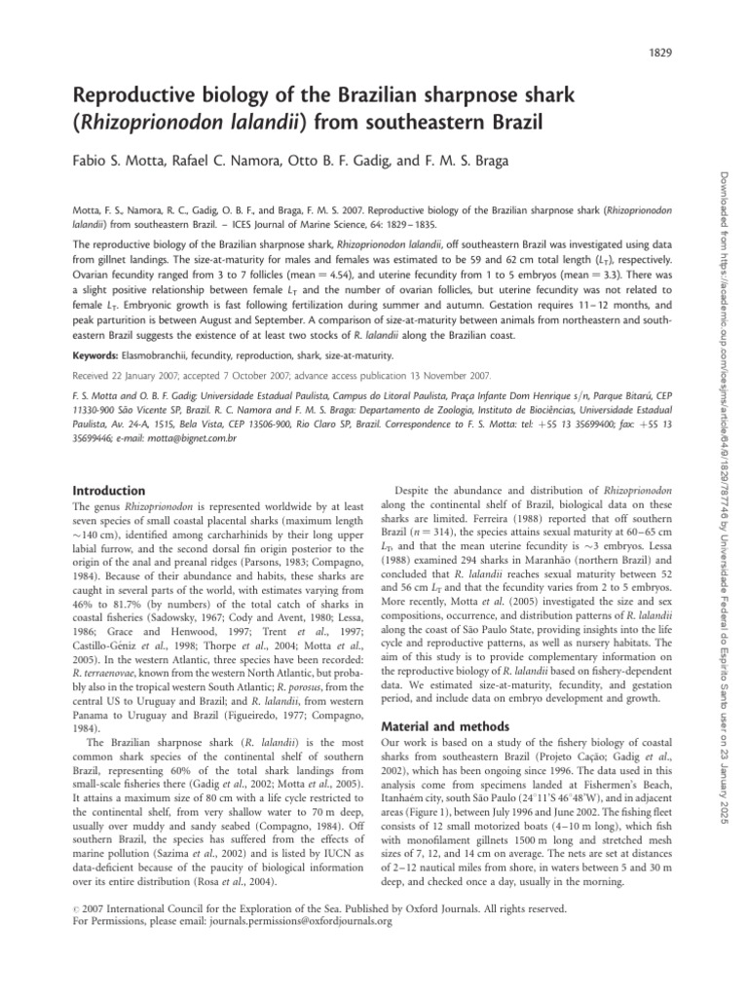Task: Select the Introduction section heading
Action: (x=110, y=490)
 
